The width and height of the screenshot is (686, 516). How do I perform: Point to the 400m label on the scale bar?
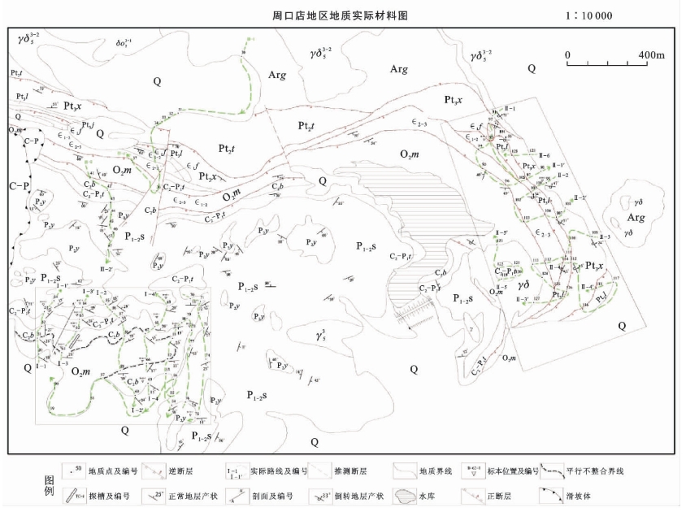(651, 55)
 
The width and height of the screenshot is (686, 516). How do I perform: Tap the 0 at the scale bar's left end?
(568, 55)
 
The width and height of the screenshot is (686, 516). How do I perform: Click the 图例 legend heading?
(49, 485)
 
